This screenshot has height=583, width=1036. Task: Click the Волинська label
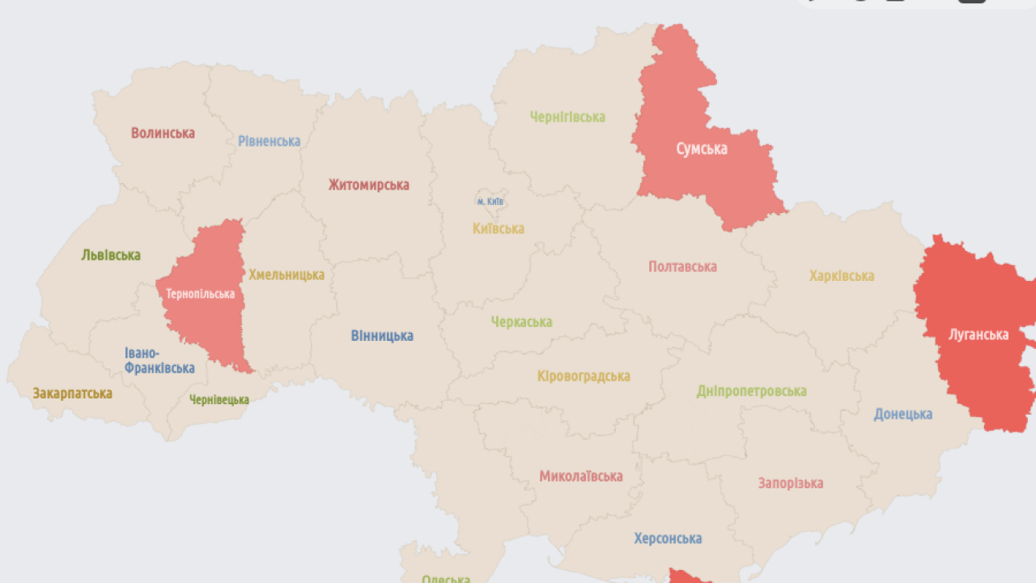click(x=163, y=133)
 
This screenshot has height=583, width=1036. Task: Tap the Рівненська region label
click(x=269, y=141)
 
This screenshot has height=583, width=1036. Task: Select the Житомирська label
click(x=368, y=185)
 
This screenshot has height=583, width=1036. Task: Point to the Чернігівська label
click(x=567, y=117)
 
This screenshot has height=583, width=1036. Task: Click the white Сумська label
click(x=702, y=148)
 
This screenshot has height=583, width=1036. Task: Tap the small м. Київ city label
click(x=490, y=201)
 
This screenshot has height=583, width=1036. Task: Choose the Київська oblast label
click(x=498, y=228)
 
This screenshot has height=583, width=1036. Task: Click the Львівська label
click(x=111, y=255)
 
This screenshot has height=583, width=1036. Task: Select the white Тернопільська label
click(x=200, y=294)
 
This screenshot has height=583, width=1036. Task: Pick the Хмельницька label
click(x=287, y=274)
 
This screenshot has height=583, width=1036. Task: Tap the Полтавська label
click(x=682, y=266)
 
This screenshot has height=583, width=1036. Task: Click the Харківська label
click(x=842, y=275)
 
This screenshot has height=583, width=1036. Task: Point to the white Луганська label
click(x=979, y=334)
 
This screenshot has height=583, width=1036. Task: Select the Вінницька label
click(x=382, y=335)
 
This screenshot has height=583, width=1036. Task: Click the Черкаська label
click(x=521, y=321)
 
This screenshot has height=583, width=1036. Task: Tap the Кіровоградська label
click(x=583, y=376)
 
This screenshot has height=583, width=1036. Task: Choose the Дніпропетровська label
click(x=751, y=391)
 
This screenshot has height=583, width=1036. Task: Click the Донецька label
click(x=902, y=414)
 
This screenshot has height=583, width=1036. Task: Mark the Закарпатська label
click(x=72, y=394)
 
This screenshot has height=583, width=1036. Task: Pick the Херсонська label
click(x=668, y=538)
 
